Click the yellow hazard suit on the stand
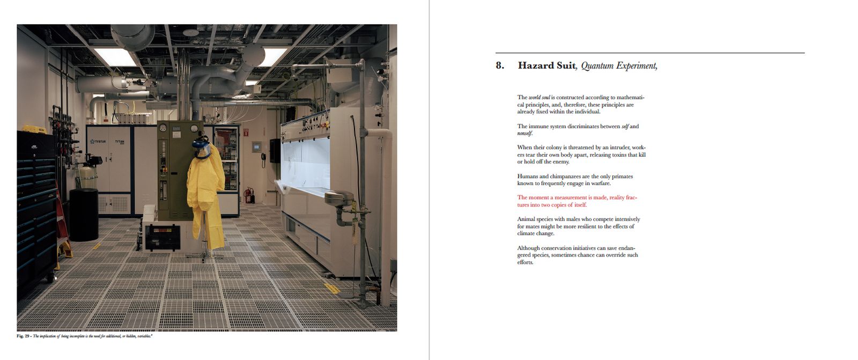[x=205, y=199]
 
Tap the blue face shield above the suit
[x=202, y=148]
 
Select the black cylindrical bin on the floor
[x=84, y=214]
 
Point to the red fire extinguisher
[x=248, y=195]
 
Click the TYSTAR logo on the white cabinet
[x=99, y=142]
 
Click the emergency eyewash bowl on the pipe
[x=339, y=197]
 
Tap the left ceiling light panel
[x=115, y=56]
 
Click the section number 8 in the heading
[x=500, y=66]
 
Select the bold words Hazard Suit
[x=546, y=66]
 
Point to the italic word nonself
[x=524, y=134]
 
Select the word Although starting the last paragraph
[x=528, y=248]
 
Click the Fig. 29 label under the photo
[x=23, y=336]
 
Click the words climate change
[x=536, y=233]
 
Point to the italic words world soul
[x=539, y=98]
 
